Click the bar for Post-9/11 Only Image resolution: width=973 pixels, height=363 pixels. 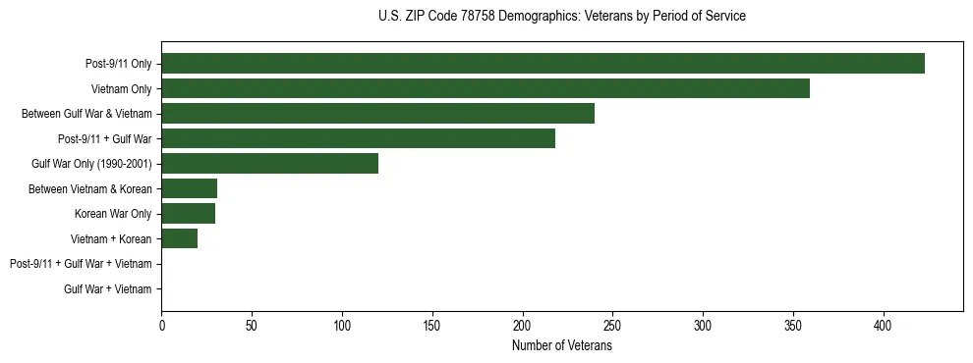(x=543, y=64)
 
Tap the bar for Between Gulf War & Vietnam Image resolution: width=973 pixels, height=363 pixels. (x=377, y=114)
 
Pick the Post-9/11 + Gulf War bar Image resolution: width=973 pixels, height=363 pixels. (x=358, y=138)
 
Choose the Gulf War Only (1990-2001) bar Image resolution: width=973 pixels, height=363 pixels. (x=269, y=164)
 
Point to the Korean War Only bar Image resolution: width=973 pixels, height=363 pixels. (x=188, y=214)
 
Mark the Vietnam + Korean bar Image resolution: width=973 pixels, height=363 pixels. (x=179, y=238)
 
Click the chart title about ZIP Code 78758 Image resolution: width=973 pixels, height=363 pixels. (x=561, y=17)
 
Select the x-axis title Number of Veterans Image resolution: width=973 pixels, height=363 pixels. (x=561, y=346)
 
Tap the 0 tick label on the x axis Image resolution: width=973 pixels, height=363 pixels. (x=161, y=325)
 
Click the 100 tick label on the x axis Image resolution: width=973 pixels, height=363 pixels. (x=342, y=325)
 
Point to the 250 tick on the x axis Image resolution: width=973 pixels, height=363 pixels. (x=612, y=325)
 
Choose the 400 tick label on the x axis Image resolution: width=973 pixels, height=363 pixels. (x=884, y=325)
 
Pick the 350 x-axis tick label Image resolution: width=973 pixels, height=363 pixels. (x=793, y=325)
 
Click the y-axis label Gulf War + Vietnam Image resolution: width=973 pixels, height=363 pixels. (x=107, y=288)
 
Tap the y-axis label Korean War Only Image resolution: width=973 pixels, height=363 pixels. (x=113, y=214)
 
